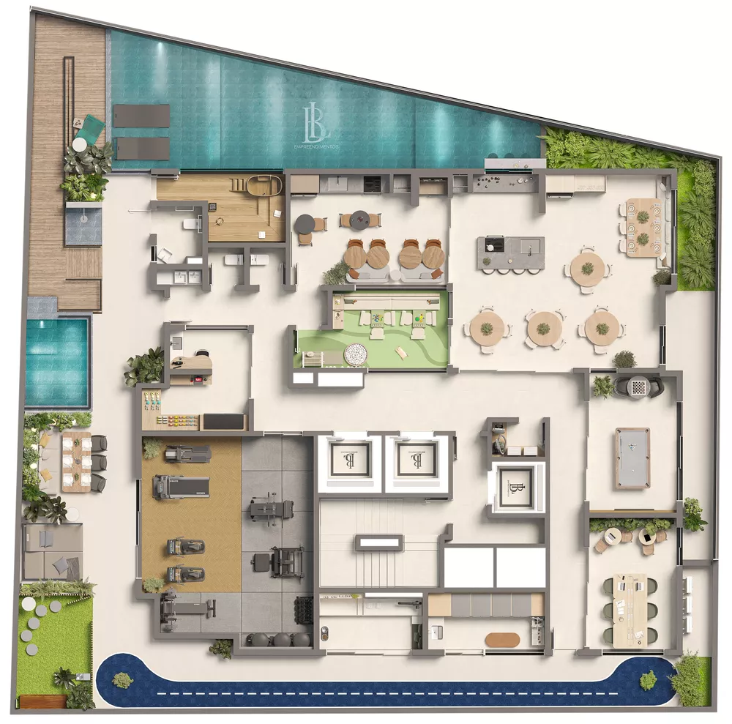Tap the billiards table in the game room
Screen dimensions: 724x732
pos(632,458)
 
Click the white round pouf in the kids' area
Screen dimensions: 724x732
pos(356,354)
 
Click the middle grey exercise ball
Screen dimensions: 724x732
pos(281,638)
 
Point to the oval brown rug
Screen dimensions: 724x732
pos(502,639)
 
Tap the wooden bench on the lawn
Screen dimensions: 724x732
pos(42,701)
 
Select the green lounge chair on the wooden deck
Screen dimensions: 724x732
pos(91,127)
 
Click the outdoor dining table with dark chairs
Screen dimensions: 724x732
pos(76,461)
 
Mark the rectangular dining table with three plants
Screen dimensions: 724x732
pos(643,228)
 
